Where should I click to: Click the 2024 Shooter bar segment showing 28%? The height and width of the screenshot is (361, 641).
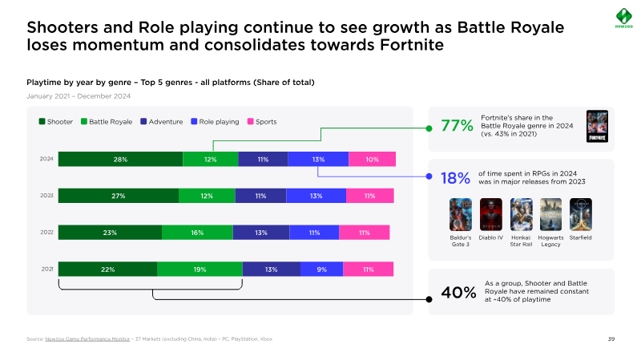[120, 159]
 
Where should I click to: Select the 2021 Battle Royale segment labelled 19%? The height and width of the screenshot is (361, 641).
[200, 270]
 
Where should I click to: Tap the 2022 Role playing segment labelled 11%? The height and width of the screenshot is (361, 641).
[314, 233]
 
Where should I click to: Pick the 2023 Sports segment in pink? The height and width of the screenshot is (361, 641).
[369, 196]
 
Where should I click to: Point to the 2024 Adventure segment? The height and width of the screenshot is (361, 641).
[263, 159]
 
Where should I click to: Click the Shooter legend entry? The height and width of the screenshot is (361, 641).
[56, 121]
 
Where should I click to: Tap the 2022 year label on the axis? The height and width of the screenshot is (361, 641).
[46, 232]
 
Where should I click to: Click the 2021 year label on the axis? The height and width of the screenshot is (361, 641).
[46, 269]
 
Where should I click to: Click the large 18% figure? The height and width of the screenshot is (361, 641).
[454, 177]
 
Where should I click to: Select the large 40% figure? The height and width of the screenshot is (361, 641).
[458, 292]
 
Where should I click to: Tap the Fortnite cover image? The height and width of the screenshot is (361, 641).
[597, 126]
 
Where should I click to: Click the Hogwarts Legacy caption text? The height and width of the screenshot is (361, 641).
[550, 241]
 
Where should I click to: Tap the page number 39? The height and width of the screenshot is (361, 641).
[611, 339]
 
